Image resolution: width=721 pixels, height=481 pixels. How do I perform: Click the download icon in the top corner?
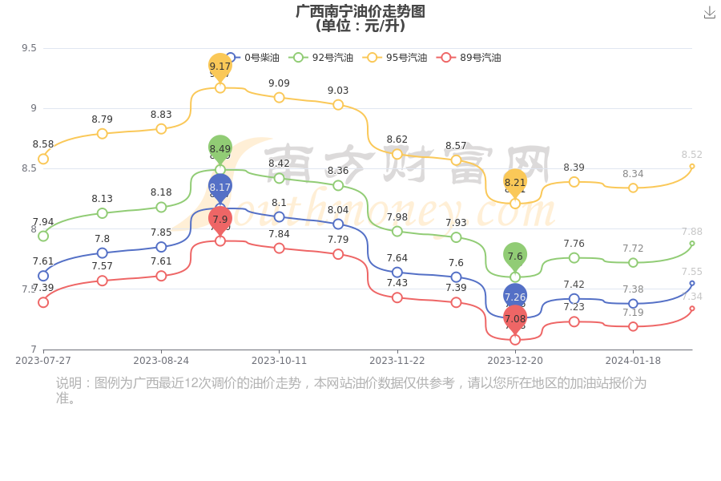coord(709,12)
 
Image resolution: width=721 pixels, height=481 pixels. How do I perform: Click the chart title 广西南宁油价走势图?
coord(360,11)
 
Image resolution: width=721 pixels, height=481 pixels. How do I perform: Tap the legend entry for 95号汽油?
coord(397,58)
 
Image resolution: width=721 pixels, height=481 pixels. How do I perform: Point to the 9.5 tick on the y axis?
coord(29,48)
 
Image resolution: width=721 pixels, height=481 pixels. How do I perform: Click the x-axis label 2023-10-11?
coord(279,361)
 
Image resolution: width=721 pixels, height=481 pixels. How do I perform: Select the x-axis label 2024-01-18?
coord(633,361)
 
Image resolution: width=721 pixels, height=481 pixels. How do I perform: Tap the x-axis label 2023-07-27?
coord(43,361)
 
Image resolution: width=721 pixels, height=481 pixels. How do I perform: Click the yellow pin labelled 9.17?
coord(220,67)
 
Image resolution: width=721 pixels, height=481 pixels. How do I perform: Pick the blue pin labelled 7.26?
coord(515,297)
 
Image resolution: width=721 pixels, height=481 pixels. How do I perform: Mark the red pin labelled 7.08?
coord(515,319)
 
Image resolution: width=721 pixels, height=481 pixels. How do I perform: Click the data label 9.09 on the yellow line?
coord(279,83)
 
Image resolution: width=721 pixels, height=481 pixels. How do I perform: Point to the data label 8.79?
coord(102,119)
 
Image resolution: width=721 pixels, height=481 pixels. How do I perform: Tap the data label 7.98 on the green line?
coord(397,217)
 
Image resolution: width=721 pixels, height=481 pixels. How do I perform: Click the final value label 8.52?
coord(691,155)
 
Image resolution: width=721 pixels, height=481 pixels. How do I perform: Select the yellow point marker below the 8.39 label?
coord(574,182)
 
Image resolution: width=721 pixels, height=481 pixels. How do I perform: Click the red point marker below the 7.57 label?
coord(102,281)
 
